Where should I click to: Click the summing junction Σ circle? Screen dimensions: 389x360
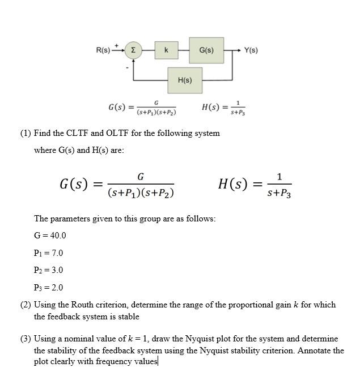coord(133,50)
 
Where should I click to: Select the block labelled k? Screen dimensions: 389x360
coord(166,50)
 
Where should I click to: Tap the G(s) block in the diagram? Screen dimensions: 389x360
coord(206,50)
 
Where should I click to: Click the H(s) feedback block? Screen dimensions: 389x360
coord(185,80)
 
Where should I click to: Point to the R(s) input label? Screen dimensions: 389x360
coord(103,50)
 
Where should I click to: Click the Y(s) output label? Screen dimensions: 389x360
coord(251,50)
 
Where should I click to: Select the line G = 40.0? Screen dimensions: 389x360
coord(50,236)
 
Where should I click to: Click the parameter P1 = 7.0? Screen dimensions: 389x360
coord(49,253)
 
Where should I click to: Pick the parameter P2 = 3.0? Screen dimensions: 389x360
coord(49,270)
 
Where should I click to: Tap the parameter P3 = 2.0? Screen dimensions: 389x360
coord(49,288)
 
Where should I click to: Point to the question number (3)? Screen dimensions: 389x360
coord(26,339)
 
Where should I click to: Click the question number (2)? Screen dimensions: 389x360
coord(26,305)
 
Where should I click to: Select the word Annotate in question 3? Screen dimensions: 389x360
coord(314,350)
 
